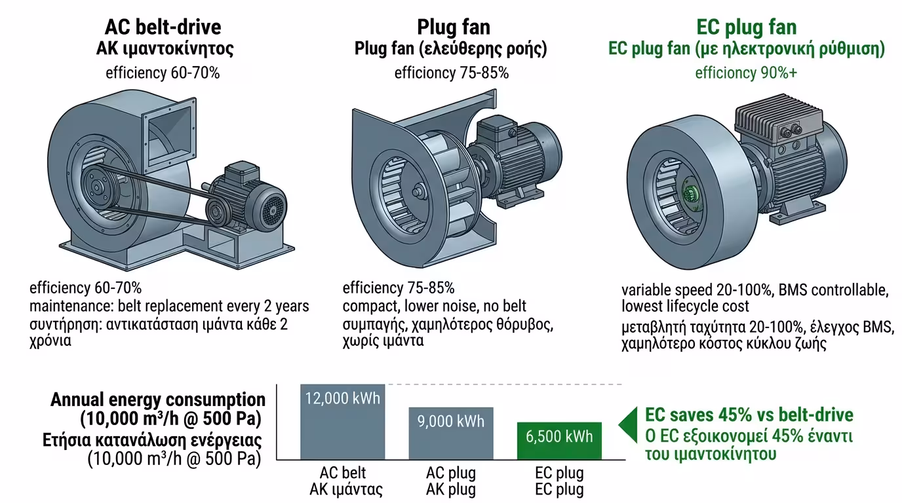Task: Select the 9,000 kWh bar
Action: (x=450, y=432)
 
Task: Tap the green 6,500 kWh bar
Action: (x=559, y=440)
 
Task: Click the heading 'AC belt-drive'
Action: (x=163, y=27)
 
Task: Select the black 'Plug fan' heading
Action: (x=453, y=27)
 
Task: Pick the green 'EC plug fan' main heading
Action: (x=746, y=27)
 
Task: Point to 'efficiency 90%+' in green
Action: (x=746, y=72)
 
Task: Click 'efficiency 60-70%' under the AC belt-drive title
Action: (x=163, y=72)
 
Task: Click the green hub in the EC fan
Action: (x=690, y=195)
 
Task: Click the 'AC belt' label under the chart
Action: (x=343, y=473)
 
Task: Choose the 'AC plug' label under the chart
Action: (x=451, y=473)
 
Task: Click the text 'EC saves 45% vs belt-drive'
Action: (x=749, y=415)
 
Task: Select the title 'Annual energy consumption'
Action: (x=158, y=400)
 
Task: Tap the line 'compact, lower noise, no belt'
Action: (x=434, y=306)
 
